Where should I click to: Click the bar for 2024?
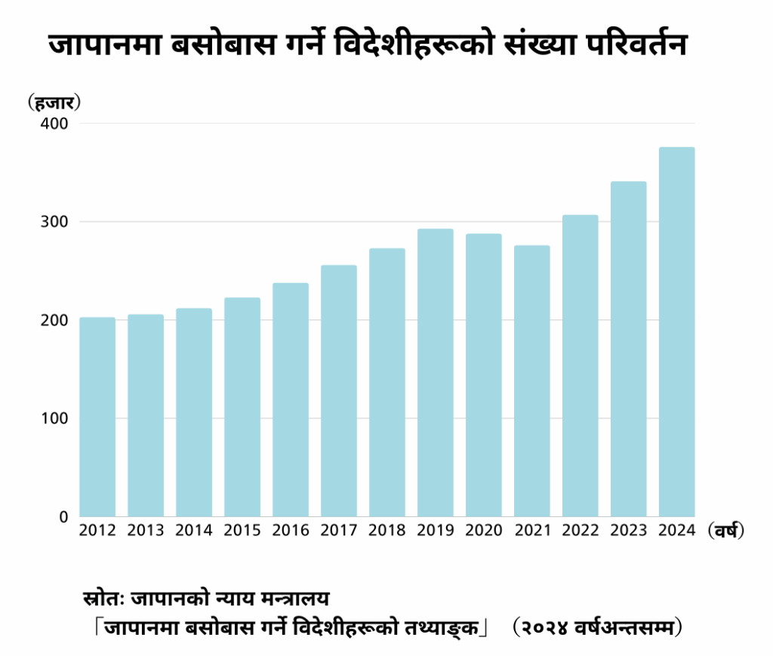[676, 332]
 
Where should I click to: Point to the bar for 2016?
[291, 400]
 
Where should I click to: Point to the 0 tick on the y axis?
[63, 517]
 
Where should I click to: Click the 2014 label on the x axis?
[194, 531]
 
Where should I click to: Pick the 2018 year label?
[387, 531]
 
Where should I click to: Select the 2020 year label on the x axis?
[484, 531]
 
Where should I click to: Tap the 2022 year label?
[581, 531]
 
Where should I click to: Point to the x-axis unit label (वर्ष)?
[726, 531]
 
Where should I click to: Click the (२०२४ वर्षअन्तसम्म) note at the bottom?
[597, 627]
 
